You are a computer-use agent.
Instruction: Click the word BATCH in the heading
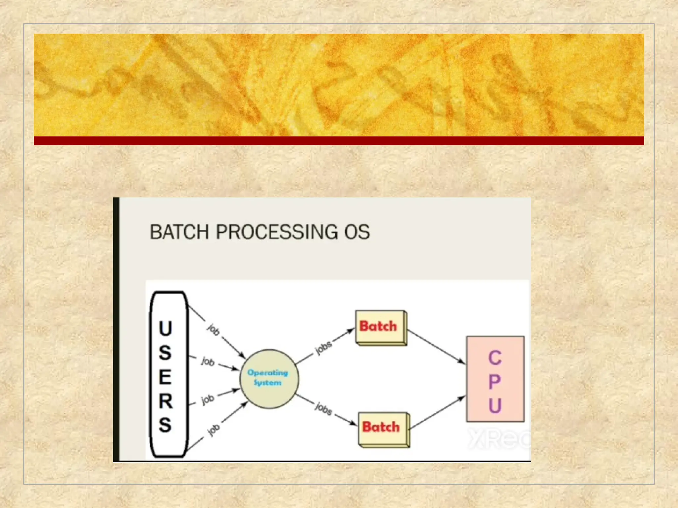tap(179, 232)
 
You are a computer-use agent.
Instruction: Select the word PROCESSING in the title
tap(276, 232)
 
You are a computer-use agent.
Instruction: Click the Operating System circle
tap(269, 379)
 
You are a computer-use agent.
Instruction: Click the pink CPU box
tap(495, 379)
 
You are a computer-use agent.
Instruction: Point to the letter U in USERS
tap(166, 328)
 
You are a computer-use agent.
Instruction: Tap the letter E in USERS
tap(166, 377)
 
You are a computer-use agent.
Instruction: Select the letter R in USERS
tap(166, 401)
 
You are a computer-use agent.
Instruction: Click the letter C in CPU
tap(495, 358)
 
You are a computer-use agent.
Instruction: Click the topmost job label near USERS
tap(213, 329)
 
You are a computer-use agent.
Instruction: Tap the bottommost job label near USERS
tap(213, 430)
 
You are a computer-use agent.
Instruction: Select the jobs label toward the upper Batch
tap(323, 348)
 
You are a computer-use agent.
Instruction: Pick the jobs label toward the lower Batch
tap(323, 409)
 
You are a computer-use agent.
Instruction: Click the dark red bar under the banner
tap(339, 141)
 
